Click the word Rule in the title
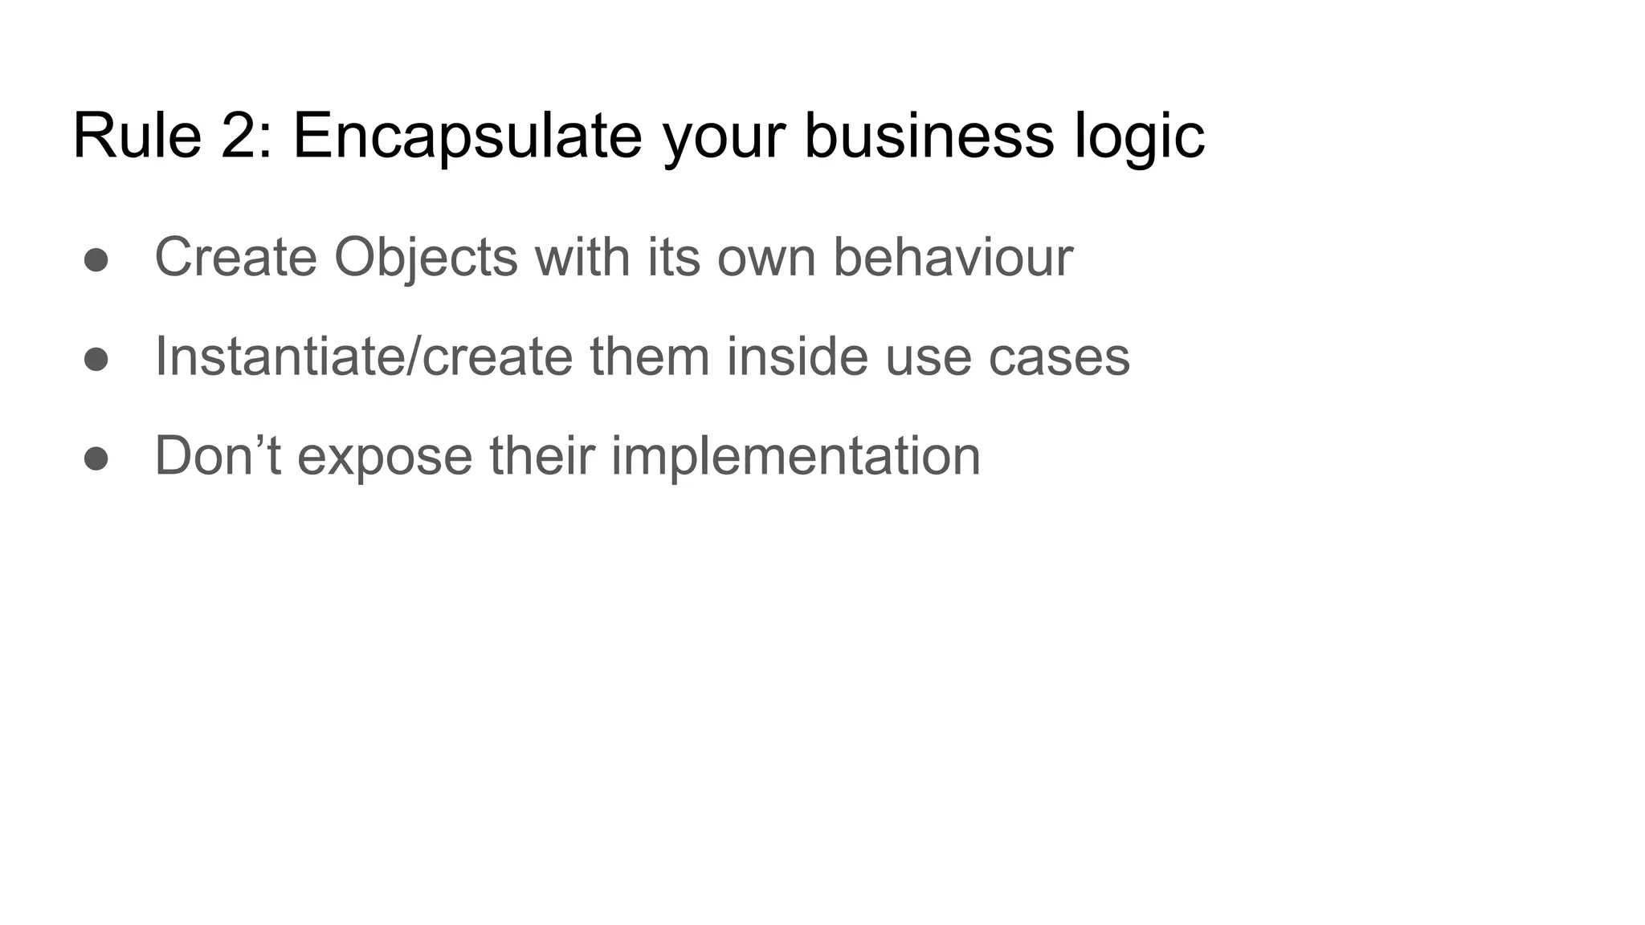tap(137, 136)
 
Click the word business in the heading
tap(929, 136)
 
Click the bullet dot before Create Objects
tap(96, 259)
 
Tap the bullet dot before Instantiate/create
tap(96, 359)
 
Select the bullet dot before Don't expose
tap(96, 458)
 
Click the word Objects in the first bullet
tap(426, 258)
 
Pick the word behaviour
tap(953, 258)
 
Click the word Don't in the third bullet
tap(218, 456)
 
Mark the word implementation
tap(795, 456)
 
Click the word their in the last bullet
tap(541, 456)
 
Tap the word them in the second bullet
tap(650, 357)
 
